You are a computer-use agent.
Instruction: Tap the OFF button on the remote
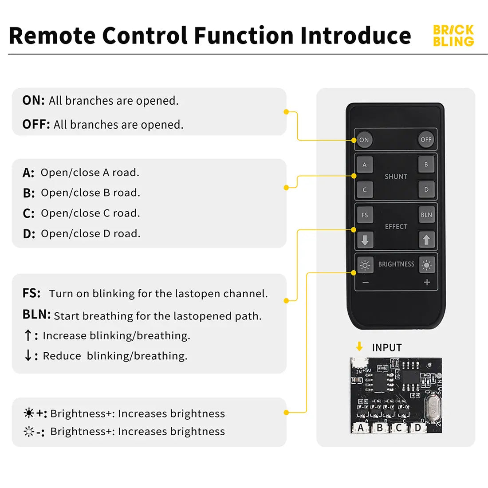425,140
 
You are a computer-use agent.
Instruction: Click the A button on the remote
365,165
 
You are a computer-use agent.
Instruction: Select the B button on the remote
426,165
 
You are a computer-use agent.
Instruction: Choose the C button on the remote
365,190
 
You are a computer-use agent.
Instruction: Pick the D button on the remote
426,190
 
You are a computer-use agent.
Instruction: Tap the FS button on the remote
365,215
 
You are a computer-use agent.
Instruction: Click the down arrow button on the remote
365,240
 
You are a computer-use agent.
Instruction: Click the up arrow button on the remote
426,240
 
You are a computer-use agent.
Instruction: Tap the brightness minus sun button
365,265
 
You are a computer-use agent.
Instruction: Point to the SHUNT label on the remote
396,177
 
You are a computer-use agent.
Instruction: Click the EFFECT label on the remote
396,227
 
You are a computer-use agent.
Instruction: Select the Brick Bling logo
453,36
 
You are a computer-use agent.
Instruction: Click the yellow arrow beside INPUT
359,347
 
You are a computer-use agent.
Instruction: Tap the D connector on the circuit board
417,428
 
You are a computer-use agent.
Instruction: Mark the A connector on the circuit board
361,428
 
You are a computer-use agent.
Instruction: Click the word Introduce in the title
355,35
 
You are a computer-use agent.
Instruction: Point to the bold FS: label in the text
31,293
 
